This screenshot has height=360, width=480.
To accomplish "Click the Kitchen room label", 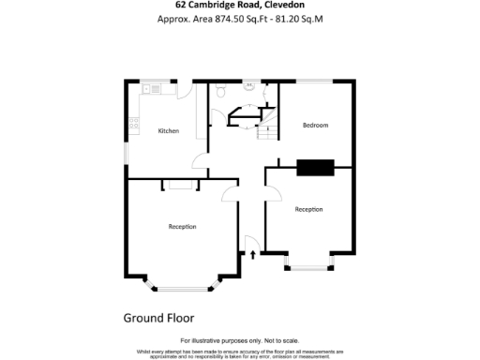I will tap(168, 130).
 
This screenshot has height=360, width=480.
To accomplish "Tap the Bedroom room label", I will tap(315, 125).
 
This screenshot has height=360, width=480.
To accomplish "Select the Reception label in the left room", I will tap(182, 226).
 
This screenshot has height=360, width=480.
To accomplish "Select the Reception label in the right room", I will tap(308, 209).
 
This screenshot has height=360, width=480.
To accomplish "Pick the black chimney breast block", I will tap(315, 168).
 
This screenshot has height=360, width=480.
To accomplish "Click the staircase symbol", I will tap(267, 127).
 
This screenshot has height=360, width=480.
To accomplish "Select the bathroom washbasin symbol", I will tap(250, 86).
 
